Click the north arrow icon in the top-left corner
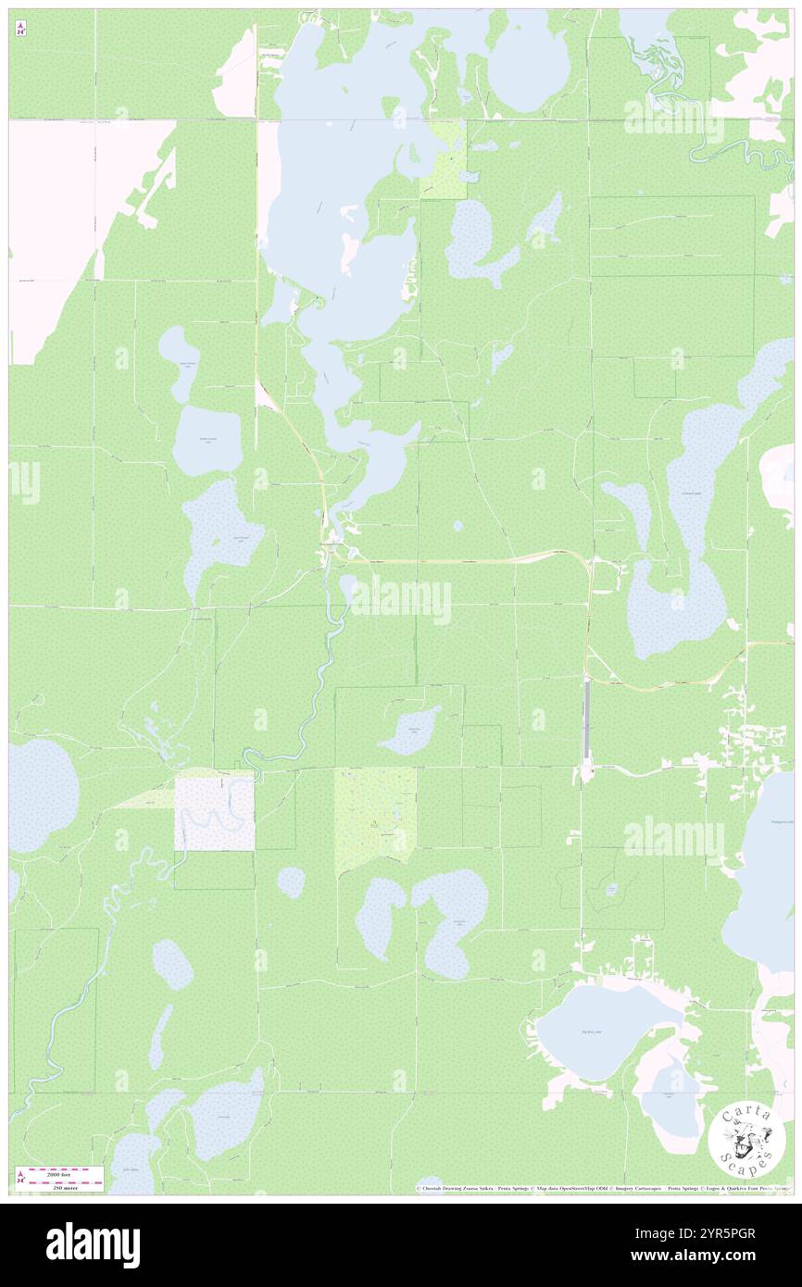tap(20, 30)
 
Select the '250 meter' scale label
tap(66, 1186)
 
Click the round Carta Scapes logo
tap(740, 1140)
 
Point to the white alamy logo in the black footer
tap(93, 1244)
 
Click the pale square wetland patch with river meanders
tap(215, 814)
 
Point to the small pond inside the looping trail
tap(611, 889)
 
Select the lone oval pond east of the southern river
tap(173, 964)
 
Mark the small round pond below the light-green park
tap(291, 881)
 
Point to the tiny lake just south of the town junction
tap(349, 586)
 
